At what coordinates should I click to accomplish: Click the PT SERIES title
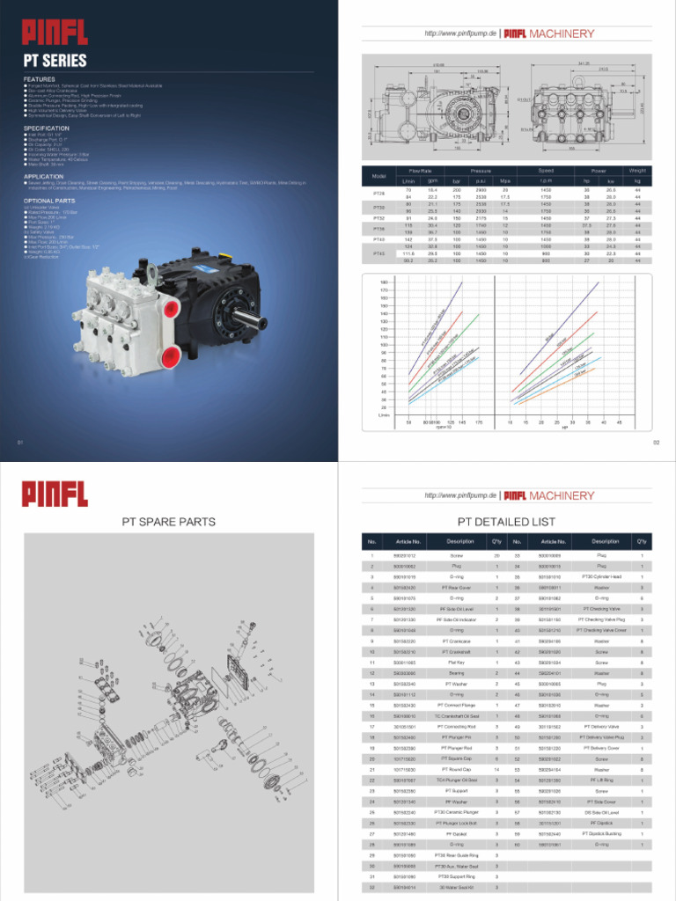(55, 61)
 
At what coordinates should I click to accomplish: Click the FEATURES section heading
(40, 78)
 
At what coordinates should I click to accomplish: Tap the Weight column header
(637, 170)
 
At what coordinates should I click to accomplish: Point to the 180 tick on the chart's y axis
(384, 282)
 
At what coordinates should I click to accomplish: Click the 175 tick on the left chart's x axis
(479, 421)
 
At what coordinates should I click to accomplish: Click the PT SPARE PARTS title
(168, 522)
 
